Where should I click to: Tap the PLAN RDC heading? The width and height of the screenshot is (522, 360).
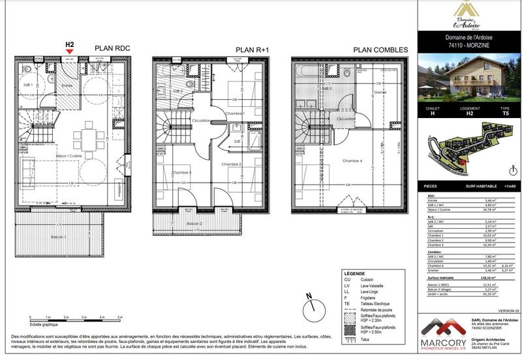click(x=113, y=48)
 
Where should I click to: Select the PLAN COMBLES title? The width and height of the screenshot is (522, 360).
click(x=381, y=50)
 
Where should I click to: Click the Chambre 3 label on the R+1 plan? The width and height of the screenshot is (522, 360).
click(x=181, y=172)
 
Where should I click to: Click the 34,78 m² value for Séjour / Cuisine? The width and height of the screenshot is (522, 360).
click(x=482, y=209)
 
